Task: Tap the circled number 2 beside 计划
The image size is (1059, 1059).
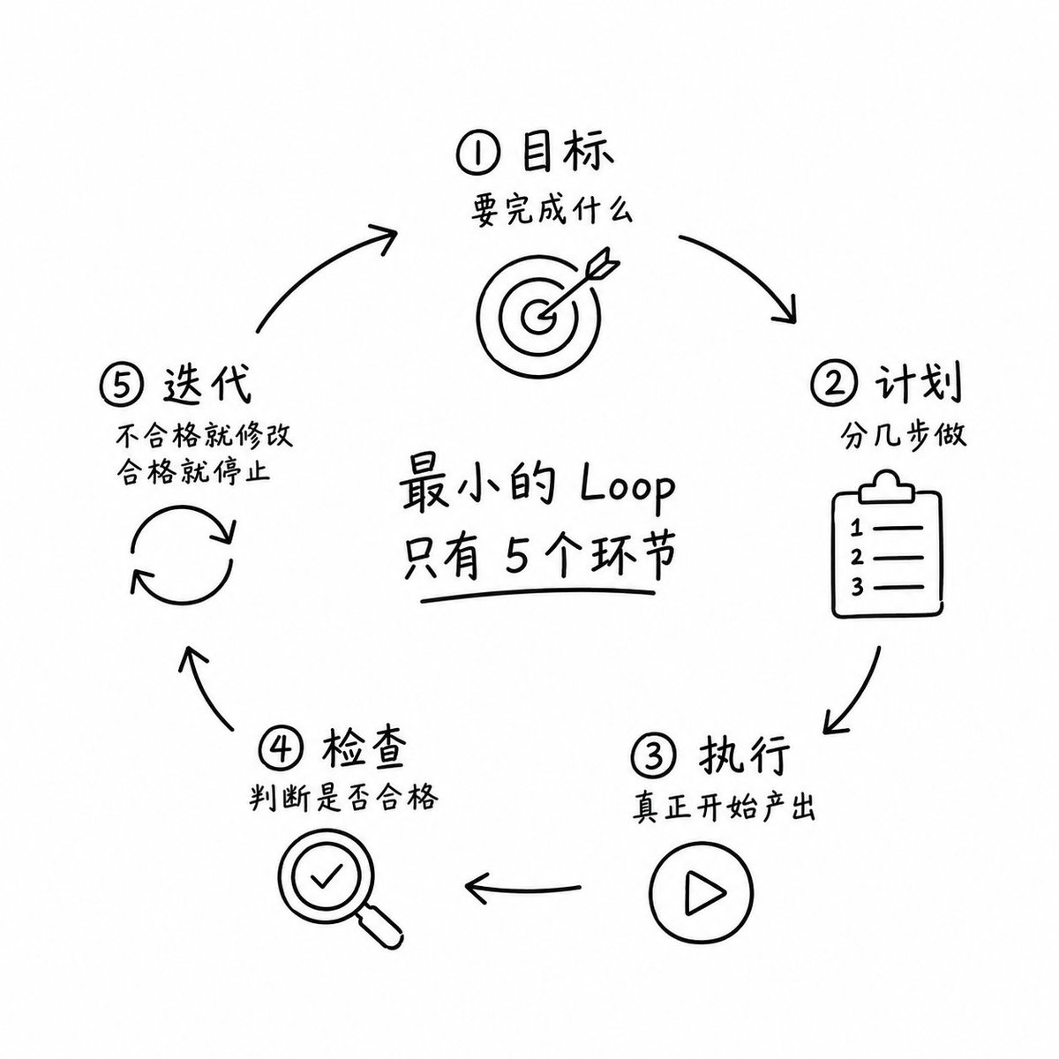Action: coord(832,384)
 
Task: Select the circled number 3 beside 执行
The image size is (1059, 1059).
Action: coord(652,756)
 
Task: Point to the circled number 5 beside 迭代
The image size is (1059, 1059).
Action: coord(121,386)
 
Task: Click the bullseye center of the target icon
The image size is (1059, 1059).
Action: coord(537,318)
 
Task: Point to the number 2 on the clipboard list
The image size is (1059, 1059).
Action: coord(857,558)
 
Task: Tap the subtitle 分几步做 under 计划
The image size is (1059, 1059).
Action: coord(903,435)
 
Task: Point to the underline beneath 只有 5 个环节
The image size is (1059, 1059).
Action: coord(537,595)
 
